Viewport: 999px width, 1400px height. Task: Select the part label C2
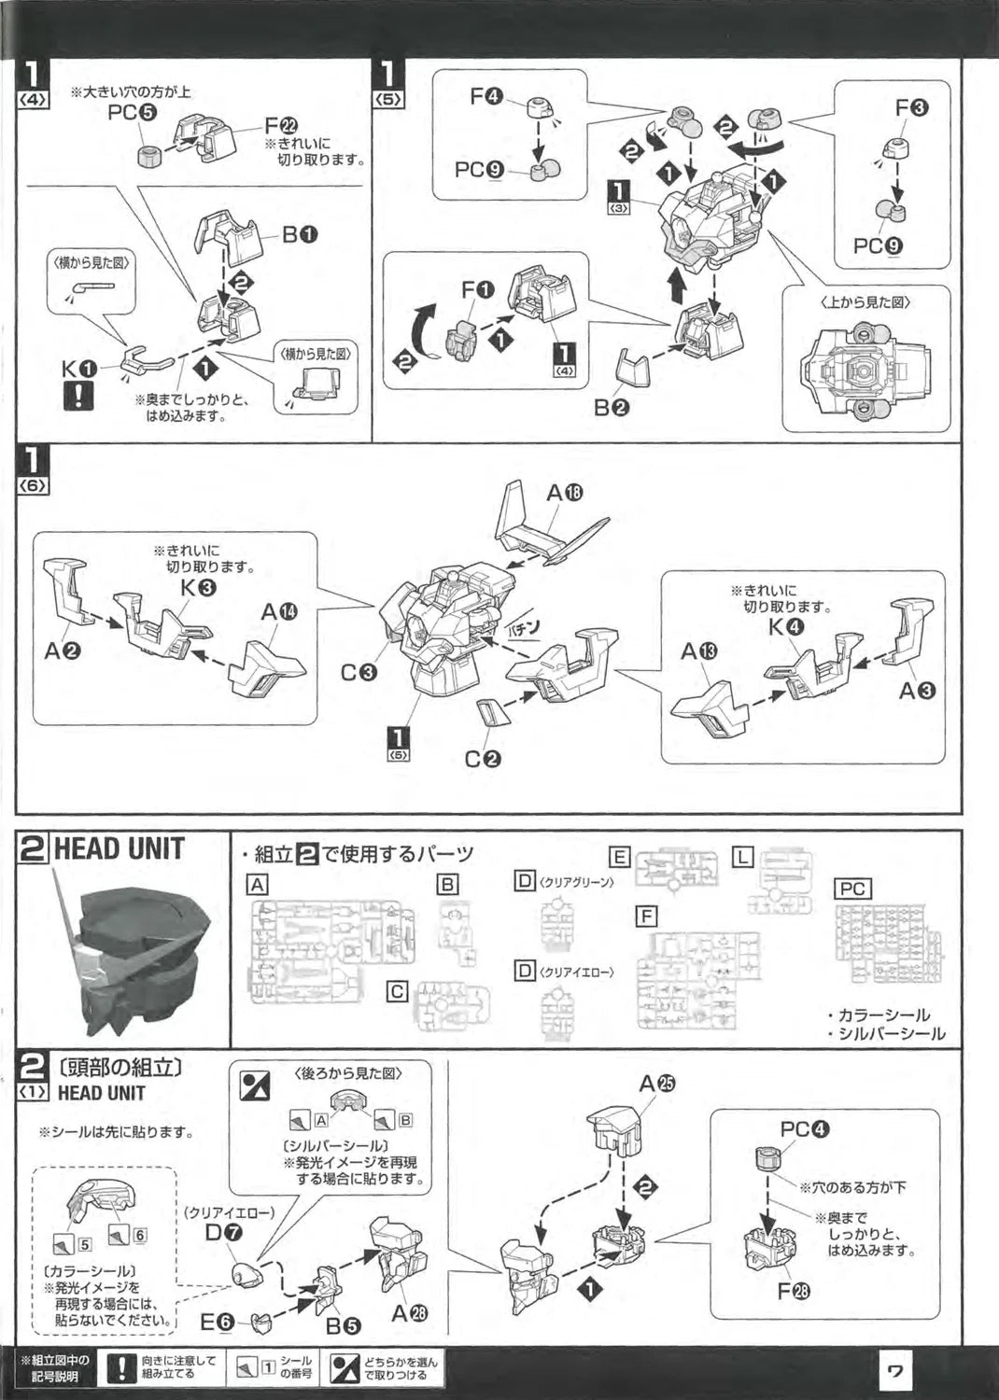pos(484,759)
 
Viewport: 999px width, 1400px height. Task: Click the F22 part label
pos(279,126)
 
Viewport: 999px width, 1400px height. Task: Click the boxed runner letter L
pos(742,857)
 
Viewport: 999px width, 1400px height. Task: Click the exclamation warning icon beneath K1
pos(79,396)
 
